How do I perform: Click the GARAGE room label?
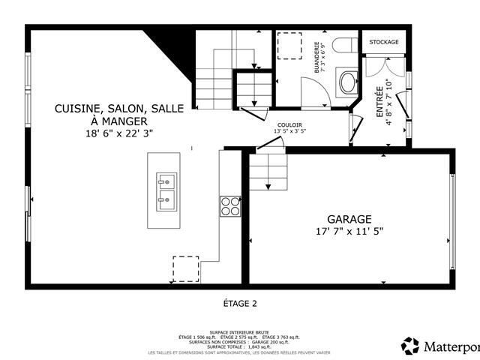click(350, 219)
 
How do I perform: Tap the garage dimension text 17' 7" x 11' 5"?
click(350, 232)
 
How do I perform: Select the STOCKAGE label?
click(383, 42)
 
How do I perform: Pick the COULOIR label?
click(289, 124)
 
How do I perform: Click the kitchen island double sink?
click(165, 191)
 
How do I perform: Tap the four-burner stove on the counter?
click(229, 205)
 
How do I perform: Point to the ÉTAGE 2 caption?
click(240, 304)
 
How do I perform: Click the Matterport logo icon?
click(410, 346)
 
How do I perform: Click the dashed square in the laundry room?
click(289, 46)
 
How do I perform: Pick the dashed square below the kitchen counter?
click(186, 268)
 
